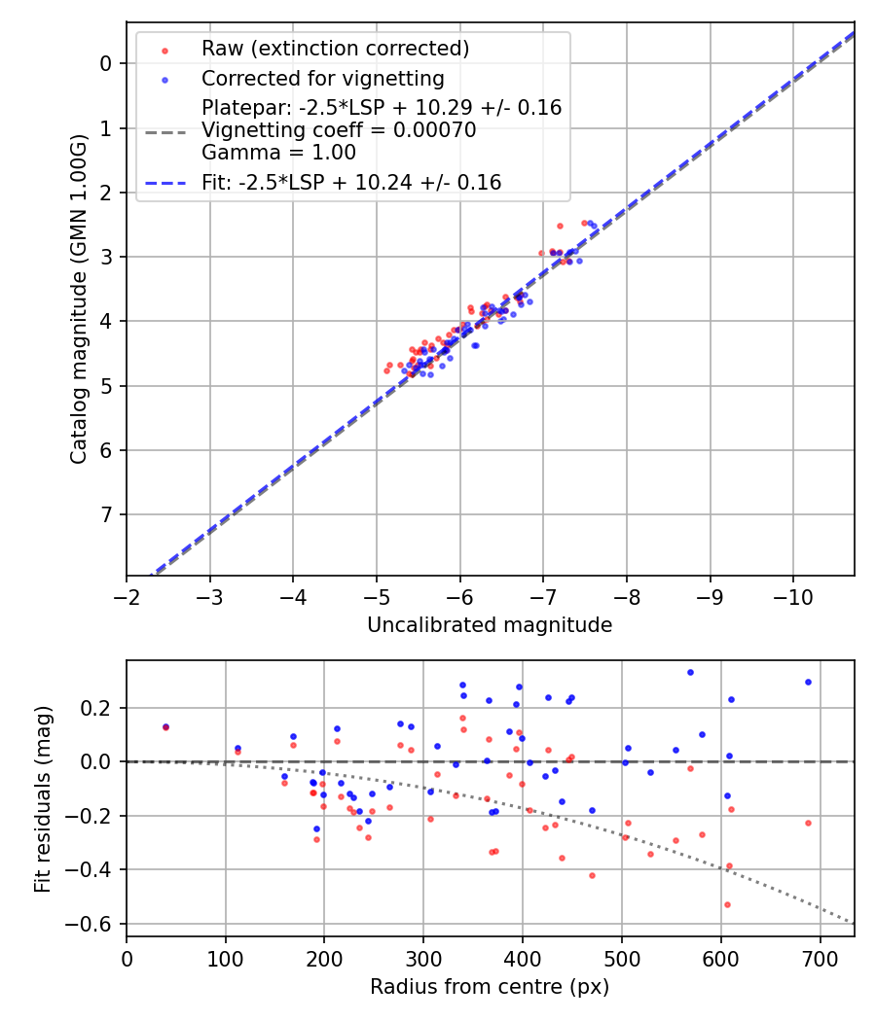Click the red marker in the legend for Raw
click(164, 50)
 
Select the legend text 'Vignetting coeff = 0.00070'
click(339, 131)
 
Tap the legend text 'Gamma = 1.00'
click(278, 153)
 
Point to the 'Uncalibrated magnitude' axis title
click(490, 625)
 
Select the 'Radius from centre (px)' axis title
click(490, 987)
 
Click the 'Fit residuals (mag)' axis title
click(43, 799)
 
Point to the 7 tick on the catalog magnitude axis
click(107, 514)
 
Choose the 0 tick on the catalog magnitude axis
click(107, 63)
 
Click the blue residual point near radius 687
click(808, 682)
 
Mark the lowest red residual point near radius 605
click(726, 904)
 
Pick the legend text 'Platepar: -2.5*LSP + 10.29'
click(382, 108)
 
